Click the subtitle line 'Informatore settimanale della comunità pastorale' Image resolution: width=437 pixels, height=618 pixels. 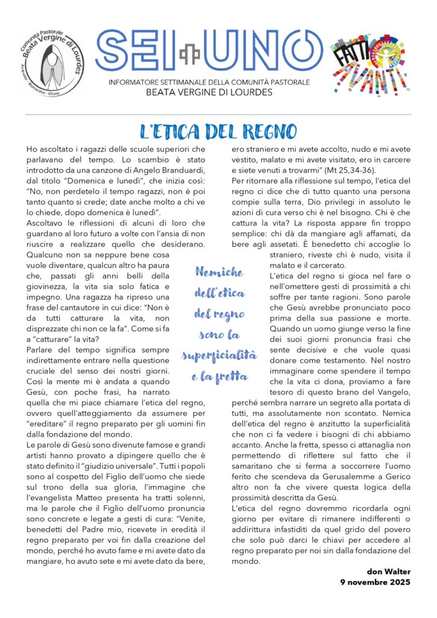(x=209, y=81)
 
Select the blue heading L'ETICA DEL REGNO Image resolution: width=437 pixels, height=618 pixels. (x=218, y=131)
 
